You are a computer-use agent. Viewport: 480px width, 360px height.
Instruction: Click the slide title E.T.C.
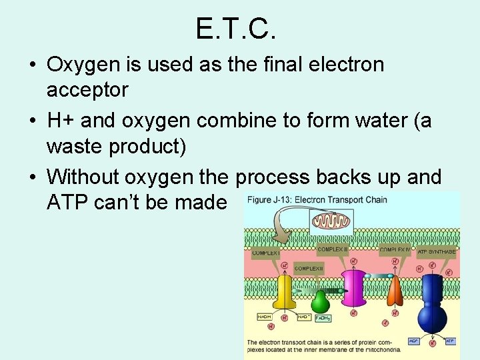(x=235, y=29)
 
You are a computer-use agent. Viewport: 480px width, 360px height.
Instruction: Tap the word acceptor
(x=87, y=89)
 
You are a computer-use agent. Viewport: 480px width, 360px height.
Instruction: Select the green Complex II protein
(x=321, y=301)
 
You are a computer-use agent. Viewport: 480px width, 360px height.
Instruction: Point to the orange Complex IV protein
(x=395, y=291)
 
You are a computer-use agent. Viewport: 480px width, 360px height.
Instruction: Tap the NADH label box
(x=265, y=317)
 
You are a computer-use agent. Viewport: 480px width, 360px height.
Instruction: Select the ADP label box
(x=414, y=340)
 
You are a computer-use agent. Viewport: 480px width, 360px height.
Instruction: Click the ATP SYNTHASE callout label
(x=437, y=252)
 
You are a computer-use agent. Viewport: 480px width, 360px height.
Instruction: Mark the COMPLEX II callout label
(x=309, y=267)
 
